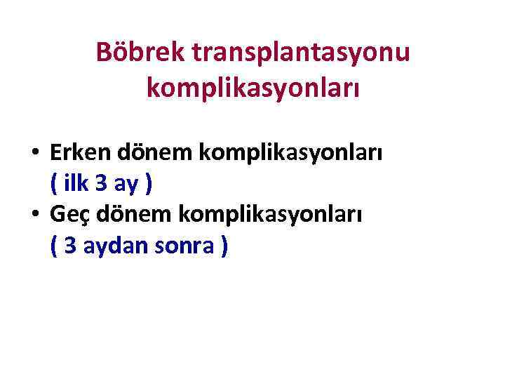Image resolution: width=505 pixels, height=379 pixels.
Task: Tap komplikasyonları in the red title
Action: click(252, 88)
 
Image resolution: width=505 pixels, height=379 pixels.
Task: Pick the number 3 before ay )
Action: click(102, 184)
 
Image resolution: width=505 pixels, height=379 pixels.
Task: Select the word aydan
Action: click(112, 246)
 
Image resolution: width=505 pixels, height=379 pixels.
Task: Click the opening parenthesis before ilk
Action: click(55, 184)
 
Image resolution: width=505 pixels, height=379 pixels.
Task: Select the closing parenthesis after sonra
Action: click(224, 247)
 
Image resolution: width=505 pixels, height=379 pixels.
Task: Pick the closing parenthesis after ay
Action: click(148, 184)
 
